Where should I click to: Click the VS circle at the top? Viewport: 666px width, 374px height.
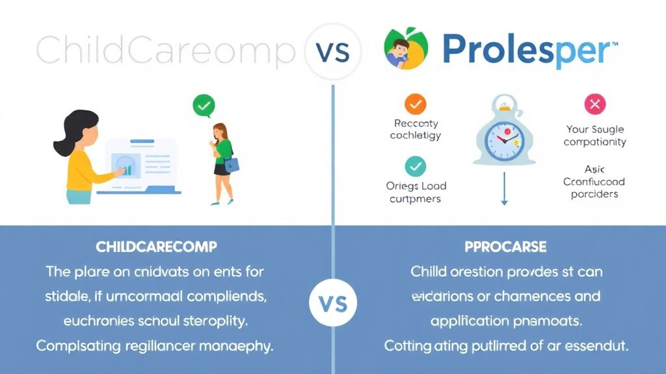[333, 51]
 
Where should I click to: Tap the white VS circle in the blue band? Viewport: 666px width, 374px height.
[333, 303]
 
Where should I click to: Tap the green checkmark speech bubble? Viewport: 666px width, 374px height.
[204, 105]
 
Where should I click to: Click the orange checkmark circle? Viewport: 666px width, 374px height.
[415, 103]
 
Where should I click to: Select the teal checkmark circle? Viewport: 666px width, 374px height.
[415, 166]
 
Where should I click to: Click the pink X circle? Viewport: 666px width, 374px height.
[594, 104]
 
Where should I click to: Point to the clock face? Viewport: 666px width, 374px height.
[504, 136]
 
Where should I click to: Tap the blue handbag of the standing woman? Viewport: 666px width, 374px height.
[231, 164]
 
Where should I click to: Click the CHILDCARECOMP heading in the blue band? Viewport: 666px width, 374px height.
[156, 247]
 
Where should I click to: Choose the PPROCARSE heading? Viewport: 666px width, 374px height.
[505, 247]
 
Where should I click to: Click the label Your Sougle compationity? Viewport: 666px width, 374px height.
[594, 135]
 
